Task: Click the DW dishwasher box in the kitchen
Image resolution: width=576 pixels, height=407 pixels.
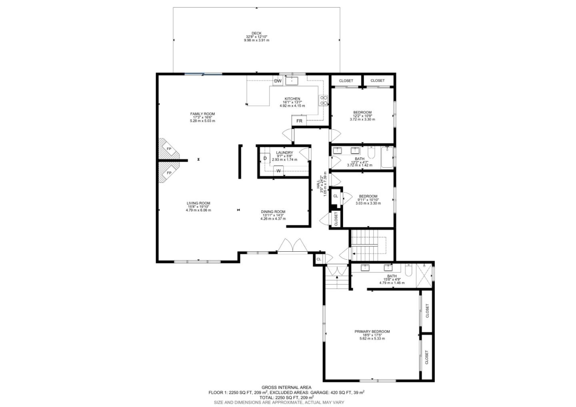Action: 278,81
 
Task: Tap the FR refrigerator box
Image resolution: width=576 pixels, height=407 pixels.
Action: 299,121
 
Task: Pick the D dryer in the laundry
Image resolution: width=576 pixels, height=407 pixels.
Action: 265,158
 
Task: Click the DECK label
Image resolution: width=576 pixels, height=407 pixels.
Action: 256,33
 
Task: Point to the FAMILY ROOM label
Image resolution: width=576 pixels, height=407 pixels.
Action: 202,114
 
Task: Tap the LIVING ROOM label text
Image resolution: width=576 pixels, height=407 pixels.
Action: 198,203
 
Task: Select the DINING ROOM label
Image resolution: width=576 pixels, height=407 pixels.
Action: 273,212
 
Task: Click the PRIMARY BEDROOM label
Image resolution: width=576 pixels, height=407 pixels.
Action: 372,331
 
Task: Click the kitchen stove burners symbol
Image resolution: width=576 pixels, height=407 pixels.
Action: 323,100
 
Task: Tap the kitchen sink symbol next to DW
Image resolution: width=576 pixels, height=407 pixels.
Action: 292,81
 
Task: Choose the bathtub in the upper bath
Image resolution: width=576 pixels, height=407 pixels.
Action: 387,157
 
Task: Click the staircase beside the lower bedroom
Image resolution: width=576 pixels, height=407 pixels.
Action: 365,245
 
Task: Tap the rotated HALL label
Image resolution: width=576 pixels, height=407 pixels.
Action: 318,184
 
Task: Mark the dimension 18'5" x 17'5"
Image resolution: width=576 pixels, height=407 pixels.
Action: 372,335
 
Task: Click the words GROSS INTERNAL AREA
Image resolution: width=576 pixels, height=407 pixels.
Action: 286,387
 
